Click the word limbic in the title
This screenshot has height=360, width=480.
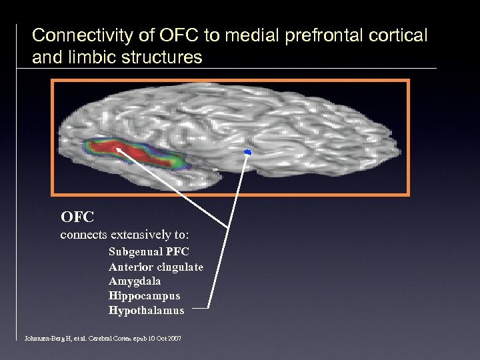coord(89,57)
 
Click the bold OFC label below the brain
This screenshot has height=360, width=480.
coord(77,217)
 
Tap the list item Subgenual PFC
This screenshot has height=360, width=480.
coord(149,252)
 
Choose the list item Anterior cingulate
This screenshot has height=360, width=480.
coord(156,267)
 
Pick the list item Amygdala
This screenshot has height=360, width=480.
coord(135,281)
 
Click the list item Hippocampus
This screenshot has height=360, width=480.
coord(144,296)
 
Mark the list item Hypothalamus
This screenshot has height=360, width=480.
coord(146,311)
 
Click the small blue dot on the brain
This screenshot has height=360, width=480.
coord(247,153)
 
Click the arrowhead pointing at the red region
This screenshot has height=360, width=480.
coord(118,150)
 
